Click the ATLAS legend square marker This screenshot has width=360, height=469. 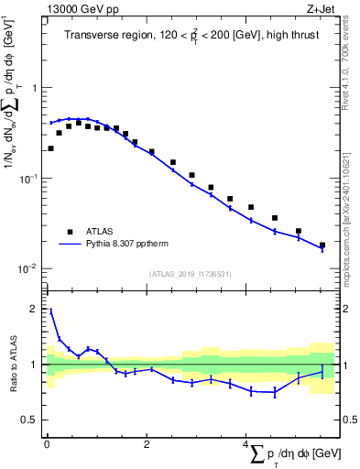[69, 232]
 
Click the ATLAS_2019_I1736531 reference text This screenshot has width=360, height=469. [190, 274]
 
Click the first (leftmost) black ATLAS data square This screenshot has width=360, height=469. [50, 148]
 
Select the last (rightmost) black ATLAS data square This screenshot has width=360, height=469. [322, 245]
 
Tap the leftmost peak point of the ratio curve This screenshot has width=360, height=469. [50, 311]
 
